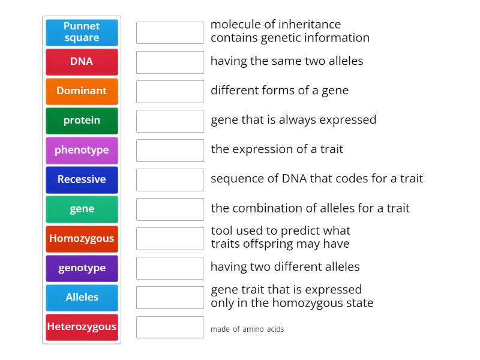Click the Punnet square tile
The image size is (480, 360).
[x=82, y=32]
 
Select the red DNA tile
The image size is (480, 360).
[x=82, y=62]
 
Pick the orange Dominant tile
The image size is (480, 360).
[x=82, y=91]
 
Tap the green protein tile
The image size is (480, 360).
[x=82, y=121]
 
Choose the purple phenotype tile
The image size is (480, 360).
[x=82, y=150]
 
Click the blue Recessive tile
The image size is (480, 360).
[x=82, y=179]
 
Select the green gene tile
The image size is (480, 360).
[x=82, y=209]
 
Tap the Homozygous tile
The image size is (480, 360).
[x=82, y=239]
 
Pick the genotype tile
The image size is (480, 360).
[x=82, y=268]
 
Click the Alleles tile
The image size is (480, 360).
[x=82, y=298]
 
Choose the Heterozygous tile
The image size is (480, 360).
[x=82, y=327]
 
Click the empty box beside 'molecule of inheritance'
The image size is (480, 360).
[x=170, y=32]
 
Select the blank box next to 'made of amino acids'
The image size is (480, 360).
[x=170, y=327]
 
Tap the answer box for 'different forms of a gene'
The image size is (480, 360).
[x=170, y=91]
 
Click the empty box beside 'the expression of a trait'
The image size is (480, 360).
[x=170, y=150]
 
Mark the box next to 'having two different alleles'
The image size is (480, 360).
[x=170, y=268]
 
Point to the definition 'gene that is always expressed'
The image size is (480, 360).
[x=293, y=120]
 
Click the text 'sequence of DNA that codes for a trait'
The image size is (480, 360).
[x=317, y=179]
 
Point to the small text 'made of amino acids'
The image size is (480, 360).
[x=247, y=329]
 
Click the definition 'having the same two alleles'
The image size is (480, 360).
[x=287, y=61]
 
